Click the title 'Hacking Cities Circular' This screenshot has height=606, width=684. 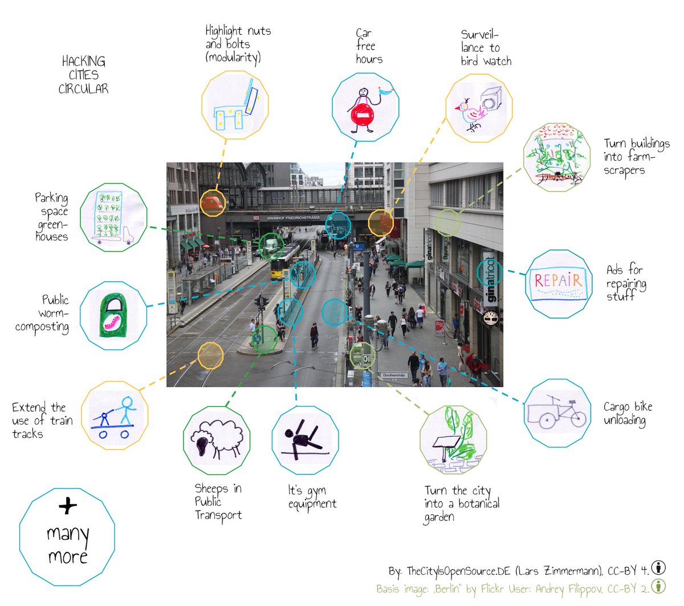click(x=83, y=75)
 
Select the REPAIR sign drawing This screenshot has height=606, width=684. click(x=559, y=283)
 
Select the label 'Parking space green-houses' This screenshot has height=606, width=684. click(x=51, y=217)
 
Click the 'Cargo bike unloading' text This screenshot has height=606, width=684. click(x=627, y=413)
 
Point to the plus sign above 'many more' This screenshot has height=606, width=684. click(x=67, y=505)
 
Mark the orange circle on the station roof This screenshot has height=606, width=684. click(x=213, y=202)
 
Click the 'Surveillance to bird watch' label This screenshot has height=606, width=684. click(x=485, y=48)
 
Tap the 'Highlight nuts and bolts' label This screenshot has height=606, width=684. click(x=237, y=44)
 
